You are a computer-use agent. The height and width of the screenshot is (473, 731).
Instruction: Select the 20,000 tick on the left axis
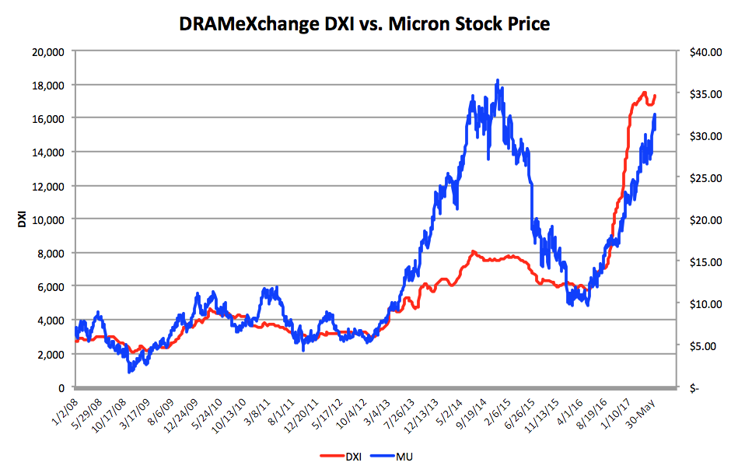(49, 51)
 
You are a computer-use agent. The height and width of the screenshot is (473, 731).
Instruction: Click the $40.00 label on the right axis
(694, 51)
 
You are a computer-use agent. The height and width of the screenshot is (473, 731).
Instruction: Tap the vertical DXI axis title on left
(22, 219)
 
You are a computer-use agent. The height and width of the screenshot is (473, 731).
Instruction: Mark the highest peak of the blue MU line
(497, 80)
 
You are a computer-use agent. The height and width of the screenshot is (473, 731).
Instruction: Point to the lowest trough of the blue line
(129, 372)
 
